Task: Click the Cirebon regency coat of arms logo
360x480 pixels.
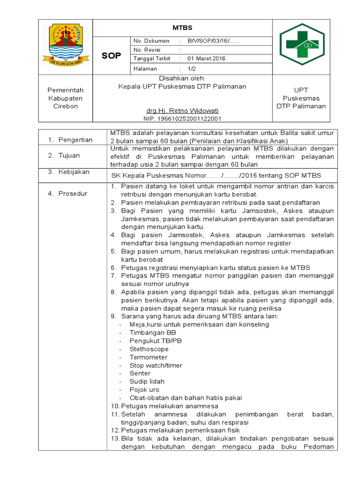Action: coord(66,46)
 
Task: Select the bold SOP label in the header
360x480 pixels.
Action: coord(112,56)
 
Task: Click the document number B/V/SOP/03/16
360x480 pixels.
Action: coord(214,41)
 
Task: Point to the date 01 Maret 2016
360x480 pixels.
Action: coord(206,59)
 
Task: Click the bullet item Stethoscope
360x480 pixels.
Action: coord(149,349)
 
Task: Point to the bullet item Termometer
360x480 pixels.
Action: coord(149,357)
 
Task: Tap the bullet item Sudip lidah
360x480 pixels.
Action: coord(147,382)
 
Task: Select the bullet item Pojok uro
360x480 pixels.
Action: coord(144,390)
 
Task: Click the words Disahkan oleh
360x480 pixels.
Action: coord(182,78)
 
